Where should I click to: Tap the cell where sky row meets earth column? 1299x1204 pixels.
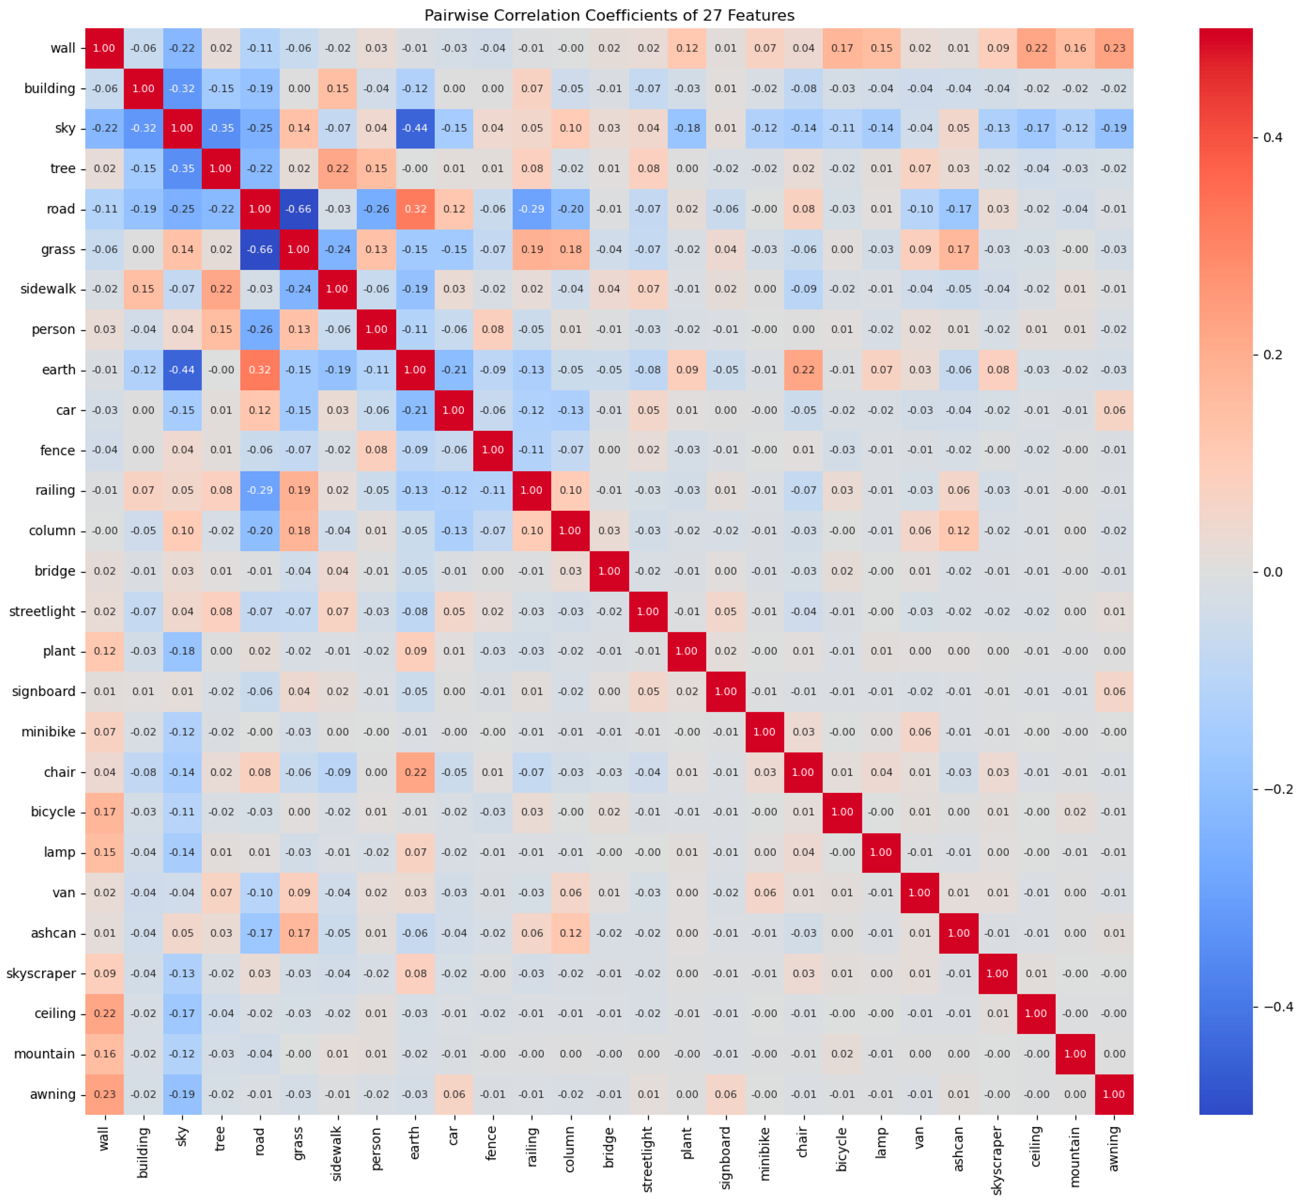[415, 128]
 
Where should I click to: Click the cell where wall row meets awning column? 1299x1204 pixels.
[1114, 48]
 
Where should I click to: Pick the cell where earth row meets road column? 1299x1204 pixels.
[260, 370]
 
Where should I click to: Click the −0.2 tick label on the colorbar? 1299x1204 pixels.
[1277, 790]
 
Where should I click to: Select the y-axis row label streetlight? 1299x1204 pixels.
[42, 612]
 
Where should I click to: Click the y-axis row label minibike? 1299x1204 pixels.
[48, 732]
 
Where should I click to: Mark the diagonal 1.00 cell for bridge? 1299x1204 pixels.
[609, 571]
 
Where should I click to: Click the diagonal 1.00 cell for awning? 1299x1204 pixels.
[1114, 1095]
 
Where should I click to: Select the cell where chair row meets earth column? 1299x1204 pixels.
[415, 773]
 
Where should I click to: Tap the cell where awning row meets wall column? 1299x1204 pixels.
[104, 1095]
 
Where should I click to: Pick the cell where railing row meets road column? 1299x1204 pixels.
[260, 491]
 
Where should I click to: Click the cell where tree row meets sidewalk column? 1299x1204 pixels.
[338, 169]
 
